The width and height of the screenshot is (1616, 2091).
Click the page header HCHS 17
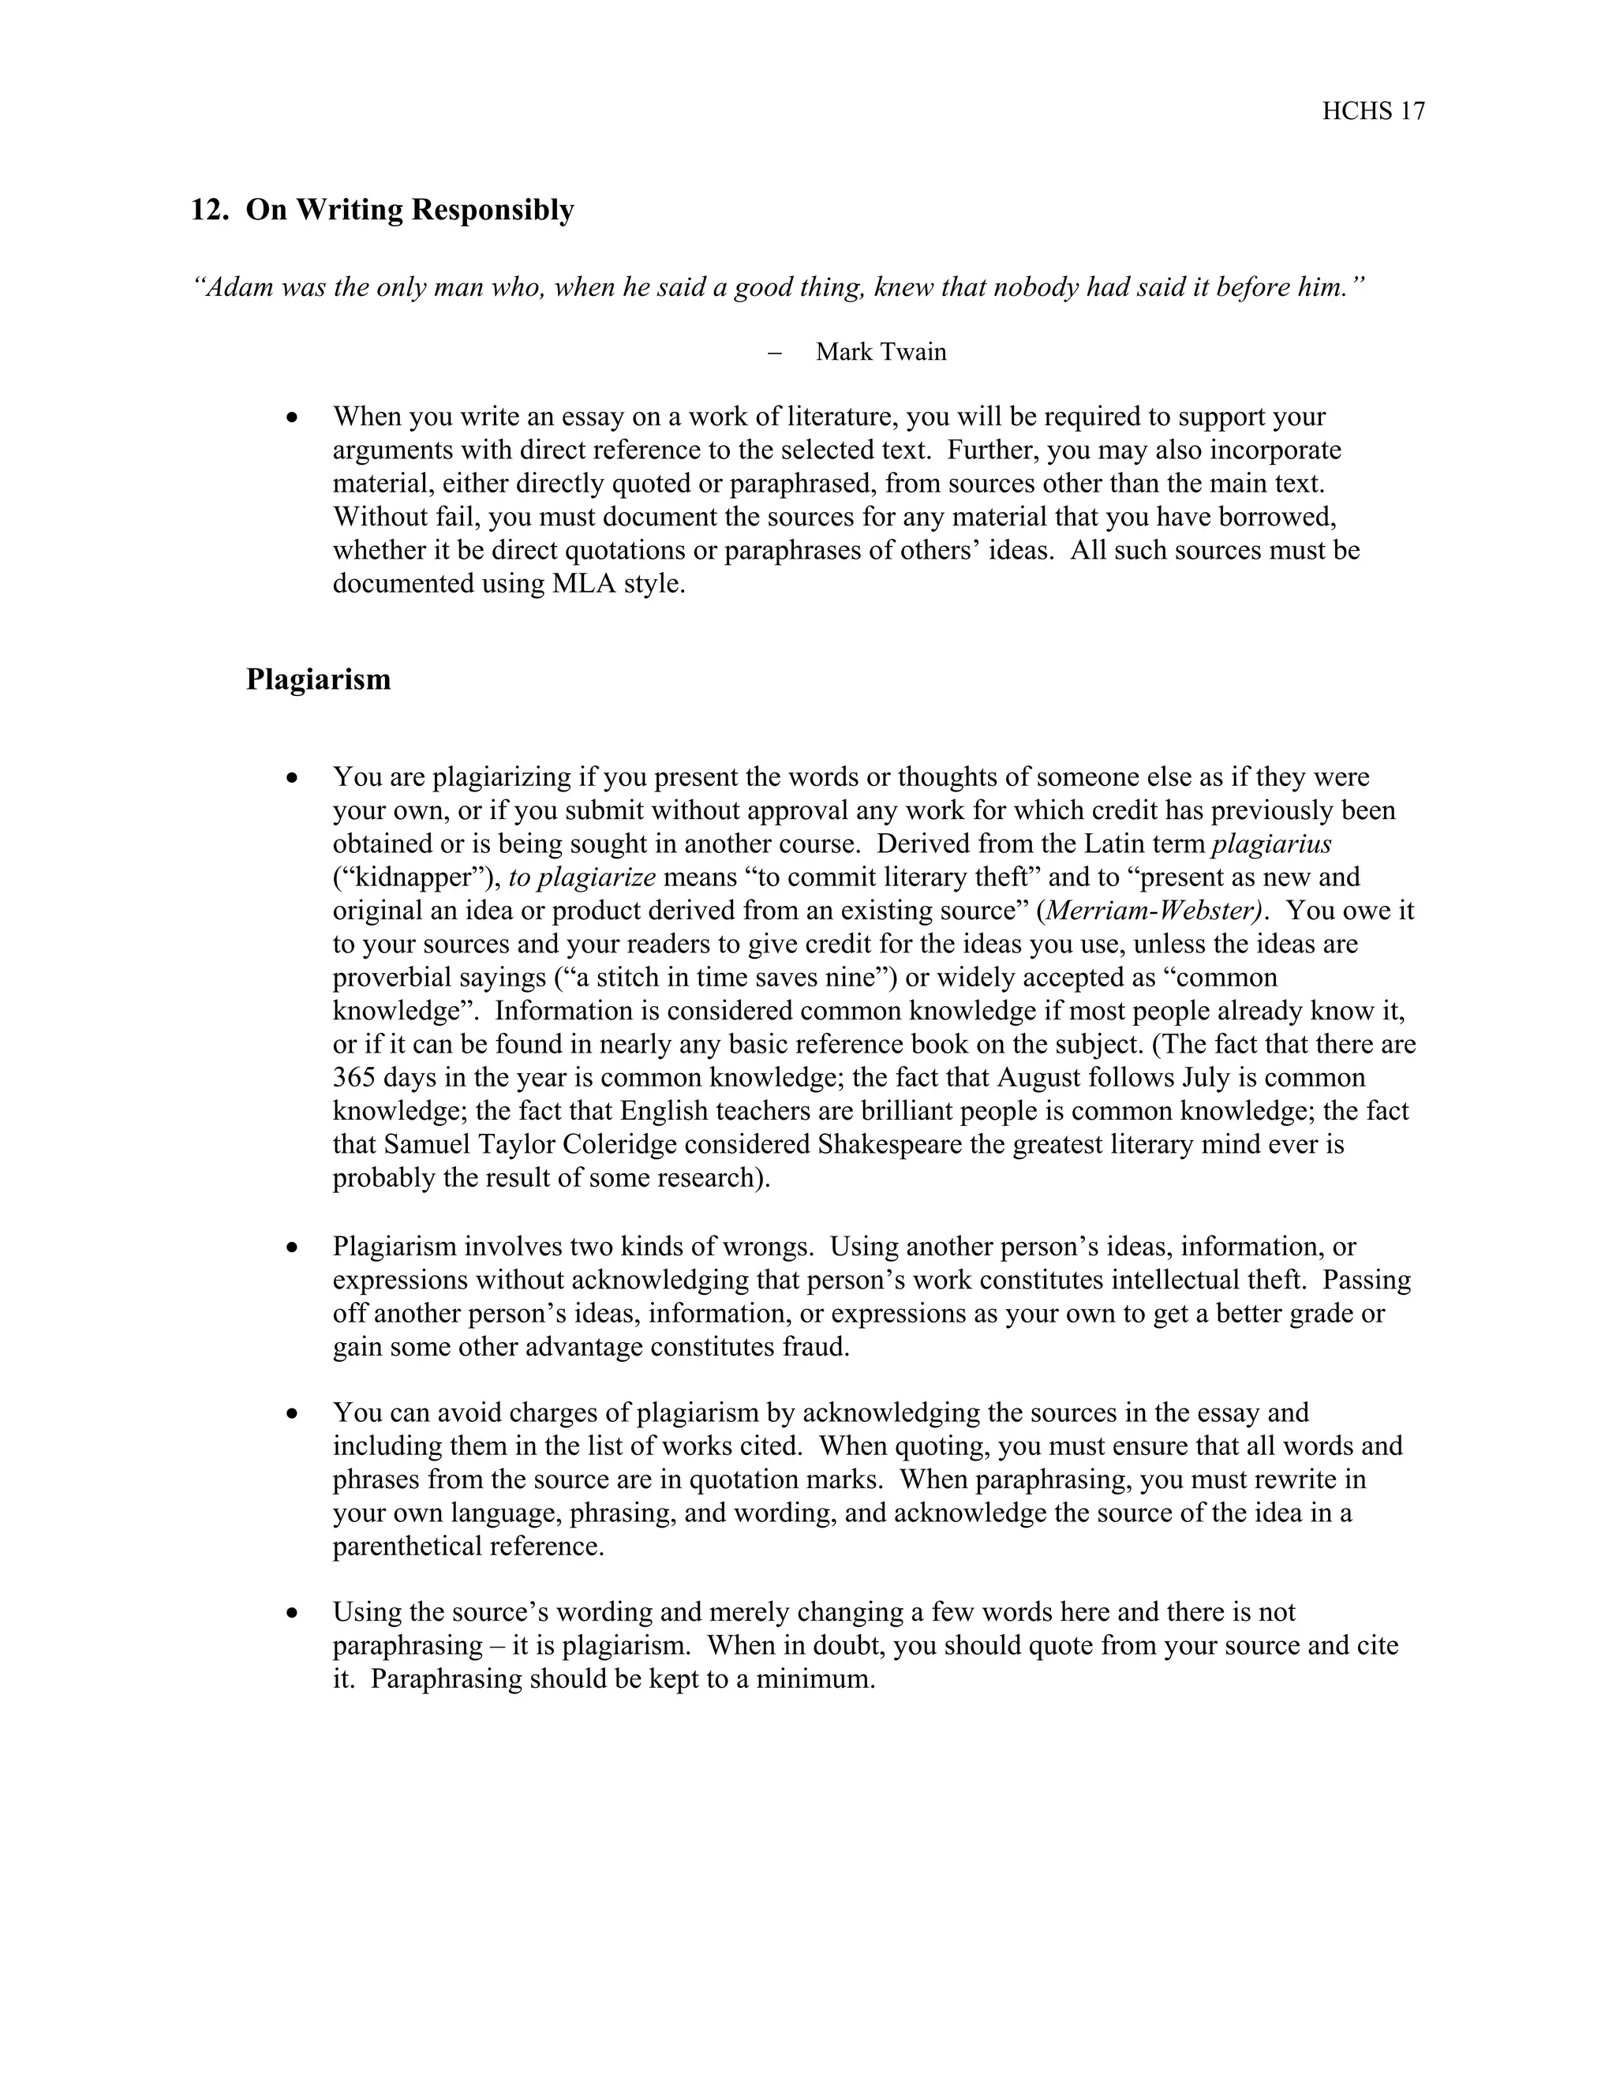click(x=1373, y=112)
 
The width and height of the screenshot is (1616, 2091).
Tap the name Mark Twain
click(x=881, y=353)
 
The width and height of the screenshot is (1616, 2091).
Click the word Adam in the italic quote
click(x=233, y=287)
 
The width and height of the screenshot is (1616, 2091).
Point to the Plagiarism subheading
click(x=318, y=679)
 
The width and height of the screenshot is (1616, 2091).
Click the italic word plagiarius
click(x=1271, y=844)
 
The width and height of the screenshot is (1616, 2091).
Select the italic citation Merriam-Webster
click(x=1153, y=911)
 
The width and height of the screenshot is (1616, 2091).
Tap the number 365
click(x=354, y=1078)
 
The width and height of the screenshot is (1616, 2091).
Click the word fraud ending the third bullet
click(x=817, y=1347)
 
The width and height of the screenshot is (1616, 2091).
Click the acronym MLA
click(x=584, y=584)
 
